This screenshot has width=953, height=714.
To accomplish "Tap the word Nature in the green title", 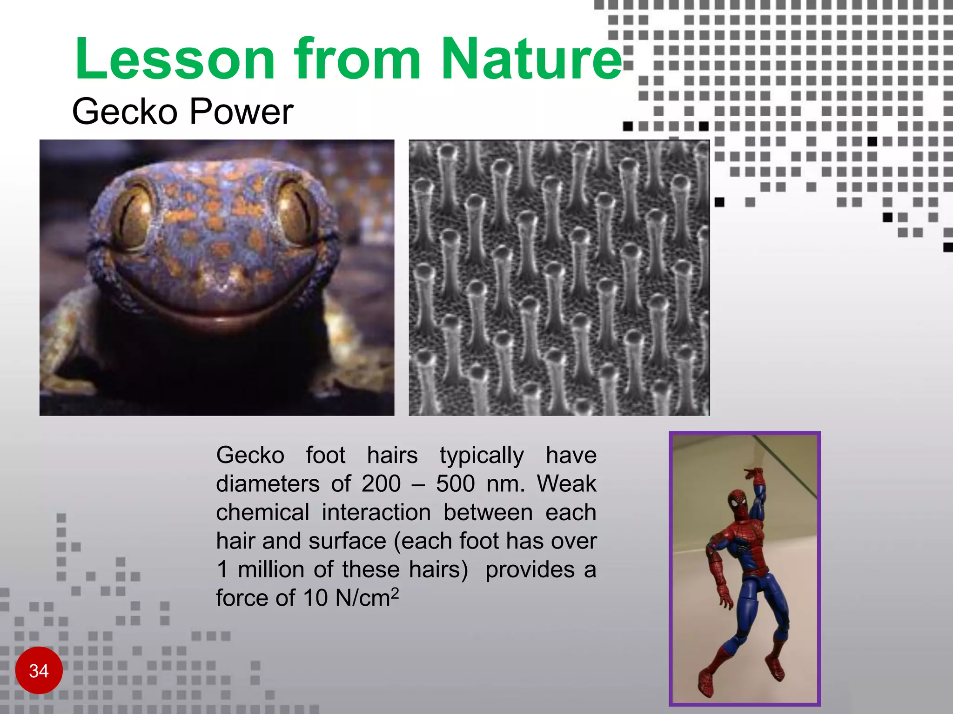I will [531, 59].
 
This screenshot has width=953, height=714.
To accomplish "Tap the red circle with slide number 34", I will [39, 670].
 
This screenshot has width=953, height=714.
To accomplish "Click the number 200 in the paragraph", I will [381, 484].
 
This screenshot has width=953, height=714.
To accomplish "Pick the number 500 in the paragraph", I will [455, 484].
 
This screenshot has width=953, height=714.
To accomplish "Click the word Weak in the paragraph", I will [566, 484].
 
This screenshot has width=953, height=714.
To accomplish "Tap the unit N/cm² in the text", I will [367, 598].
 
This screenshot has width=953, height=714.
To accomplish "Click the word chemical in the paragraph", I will [262, 513].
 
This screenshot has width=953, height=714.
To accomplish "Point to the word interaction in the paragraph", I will [376, 513].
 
